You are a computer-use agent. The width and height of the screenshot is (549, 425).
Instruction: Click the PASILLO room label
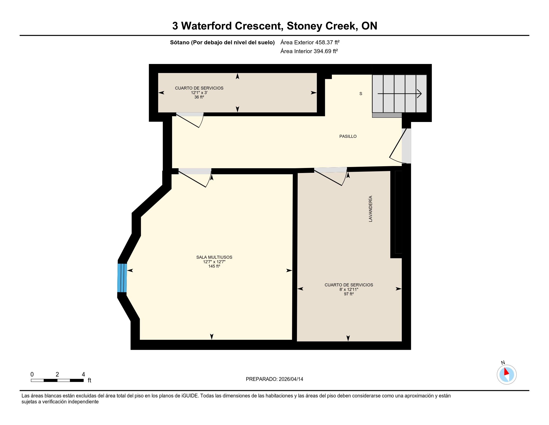tap(348, 136)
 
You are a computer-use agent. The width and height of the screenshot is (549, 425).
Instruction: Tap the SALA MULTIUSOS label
tap(214, 257)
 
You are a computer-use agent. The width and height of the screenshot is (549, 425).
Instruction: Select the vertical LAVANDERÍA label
tap(370, 209)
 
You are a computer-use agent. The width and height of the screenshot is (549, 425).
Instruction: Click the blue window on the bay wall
tap(122, 278)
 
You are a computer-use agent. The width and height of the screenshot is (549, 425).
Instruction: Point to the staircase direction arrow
tap(400, 94)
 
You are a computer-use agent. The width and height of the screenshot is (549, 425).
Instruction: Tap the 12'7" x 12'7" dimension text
tap(214, 262)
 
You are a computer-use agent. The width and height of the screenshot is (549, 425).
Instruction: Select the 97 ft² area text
tap(349, 294)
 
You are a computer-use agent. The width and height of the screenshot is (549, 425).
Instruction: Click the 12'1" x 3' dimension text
tap(199, 93)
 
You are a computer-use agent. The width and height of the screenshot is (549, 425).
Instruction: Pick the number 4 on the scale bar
tap(83, 374)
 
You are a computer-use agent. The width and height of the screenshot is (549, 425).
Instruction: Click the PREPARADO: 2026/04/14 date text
tap(274, 379)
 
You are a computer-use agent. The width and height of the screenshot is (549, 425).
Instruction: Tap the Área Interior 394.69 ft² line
tap(309, 51)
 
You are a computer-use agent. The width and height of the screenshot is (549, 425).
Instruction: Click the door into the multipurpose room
tap(195, 177)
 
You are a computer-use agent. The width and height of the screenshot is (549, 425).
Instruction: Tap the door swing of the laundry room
tap(331, 176)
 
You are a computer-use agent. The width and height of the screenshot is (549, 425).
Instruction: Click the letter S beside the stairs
tap(361, 94)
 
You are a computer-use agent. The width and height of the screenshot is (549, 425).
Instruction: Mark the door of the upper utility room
tap(190, 120)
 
